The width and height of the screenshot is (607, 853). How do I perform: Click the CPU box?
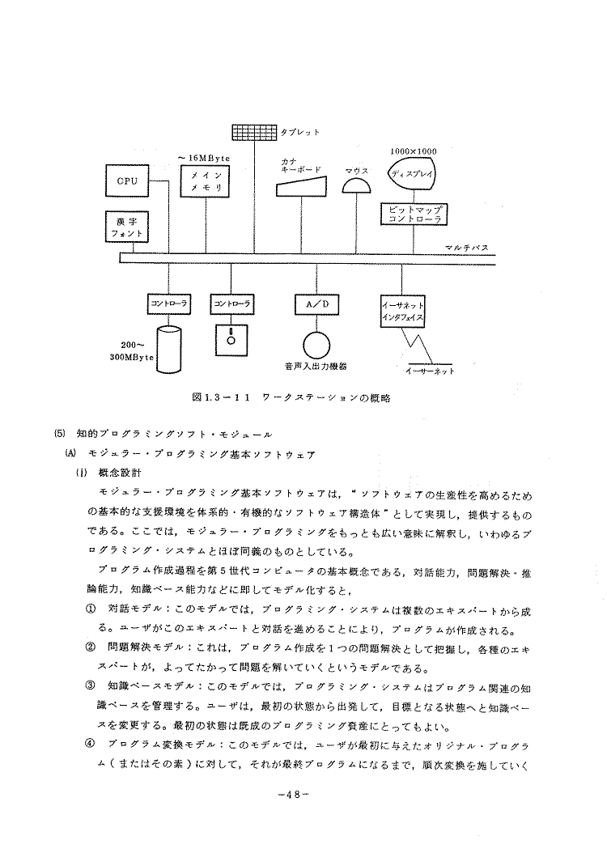(127, 180)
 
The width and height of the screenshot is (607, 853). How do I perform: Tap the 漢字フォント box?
(127, 227)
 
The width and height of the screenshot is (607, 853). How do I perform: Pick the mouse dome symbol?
(357, 185)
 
